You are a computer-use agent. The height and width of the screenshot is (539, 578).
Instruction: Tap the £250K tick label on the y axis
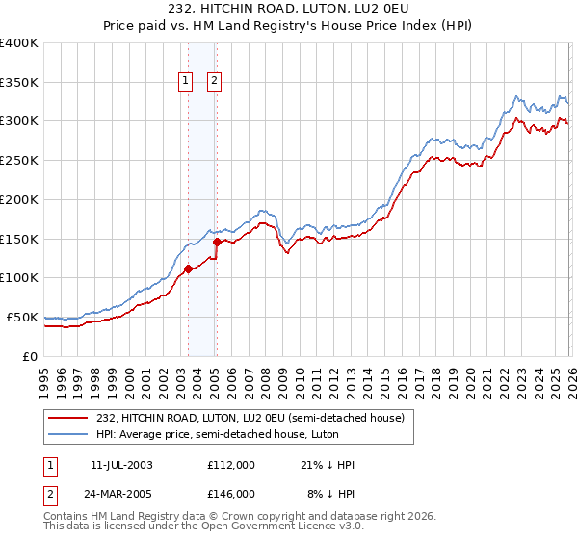(x=19, y=161)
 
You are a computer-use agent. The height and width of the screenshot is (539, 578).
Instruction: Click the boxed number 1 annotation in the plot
(x=184, y=82)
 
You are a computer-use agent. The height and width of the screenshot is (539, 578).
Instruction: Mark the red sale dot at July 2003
(x=189, y=269)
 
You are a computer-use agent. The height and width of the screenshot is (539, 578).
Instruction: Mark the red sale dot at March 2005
(x=217, y=243)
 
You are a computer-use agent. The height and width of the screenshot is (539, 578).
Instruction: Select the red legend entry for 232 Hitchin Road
(x=255, y=418)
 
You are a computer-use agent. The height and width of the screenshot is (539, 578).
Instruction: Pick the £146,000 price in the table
(x=230, y=493)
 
